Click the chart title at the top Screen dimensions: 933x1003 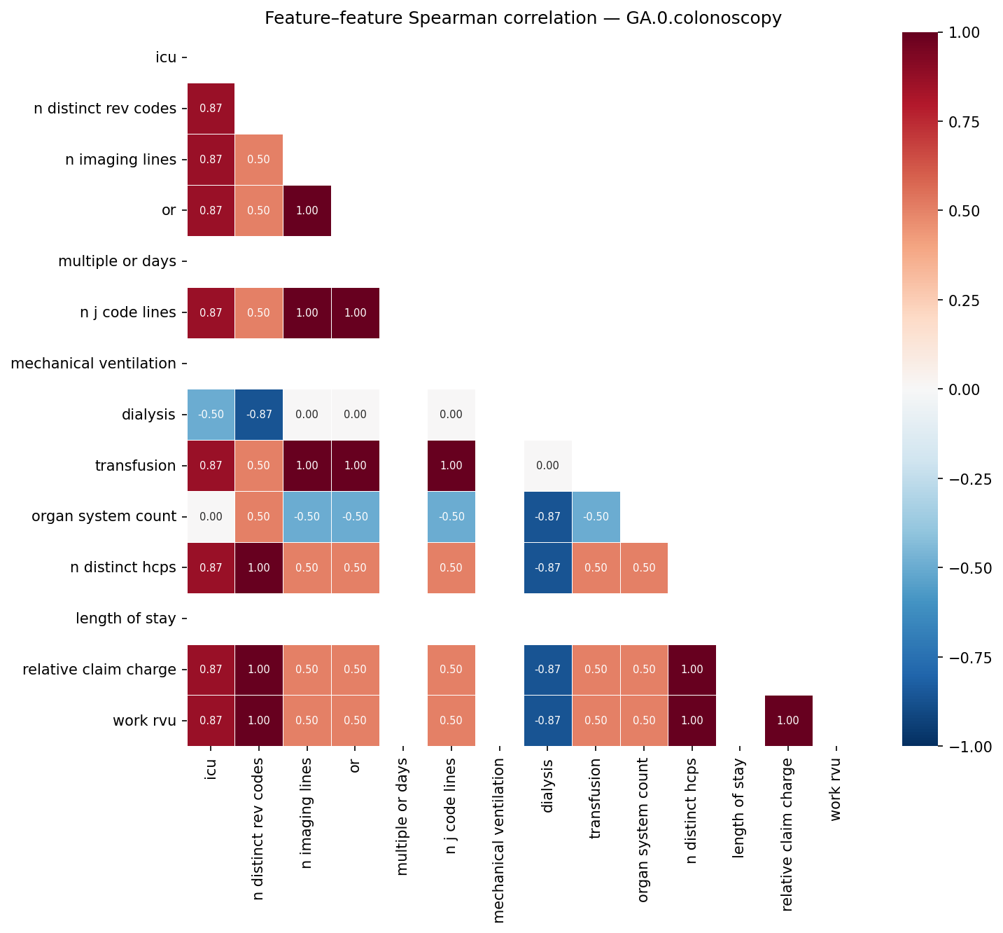point(523,18)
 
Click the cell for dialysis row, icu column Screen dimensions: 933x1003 point(211,415)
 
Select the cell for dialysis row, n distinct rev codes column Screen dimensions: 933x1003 point(259,415)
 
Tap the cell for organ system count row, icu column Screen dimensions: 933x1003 point(211,517)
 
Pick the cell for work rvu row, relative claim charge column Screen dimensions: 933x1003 point(788,721)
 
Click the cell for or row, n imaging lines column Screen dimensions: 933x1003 point(307,211)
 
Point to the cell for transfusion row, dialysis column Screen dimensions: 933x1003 point(547,466)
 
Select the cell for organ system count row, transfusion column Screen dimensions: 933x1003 point(596,517)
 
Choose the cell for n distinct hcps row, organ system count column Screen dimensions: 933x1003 point(644,568)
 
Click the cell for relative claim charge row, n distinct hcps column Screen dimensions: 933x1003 point(692,670)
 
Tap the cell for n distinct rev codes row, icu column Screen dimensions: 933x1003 point(211,109)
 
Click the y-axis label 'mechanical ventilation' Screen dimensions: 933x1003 point(94,364)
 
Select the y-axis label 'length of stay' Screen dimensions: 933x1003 point(126,618)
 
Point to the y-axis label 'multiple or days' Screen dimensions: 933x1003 point(117,262)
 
